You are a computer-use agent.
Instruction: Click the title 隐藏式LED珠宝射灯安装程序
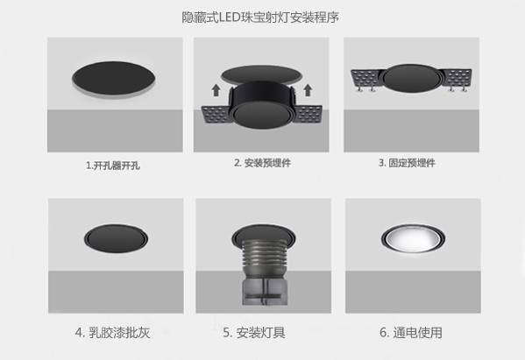(260, 18)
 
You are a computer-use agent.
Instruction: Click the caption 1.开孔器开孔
(113, 166)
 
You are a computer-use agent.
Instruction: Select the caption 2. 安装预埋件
(263, 163)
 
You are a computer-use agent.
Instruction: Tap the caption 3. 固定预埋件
(407, 163)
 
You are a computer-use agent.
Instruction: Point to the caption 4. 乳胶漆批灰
(112, 333)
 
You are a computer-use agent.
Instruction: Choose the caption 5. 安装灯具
(254, 333)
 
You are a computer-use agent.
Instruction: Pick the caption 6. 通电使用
(411, 333)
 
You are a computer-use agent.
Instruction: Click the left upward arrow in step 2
(216, 90)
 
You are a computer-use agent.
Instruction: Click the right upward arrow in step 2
(308, 90)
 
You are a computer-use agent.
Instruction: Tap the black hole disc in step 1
(114, 78)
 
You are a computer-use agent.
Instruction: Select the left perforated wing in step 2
(216, 114)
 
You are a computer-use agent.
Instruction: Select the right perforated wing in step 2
(309, 114)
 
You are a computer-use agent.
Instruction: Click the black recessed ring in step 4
(116, 238)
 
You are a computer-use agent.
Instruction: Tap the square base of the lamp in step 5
(265, 292)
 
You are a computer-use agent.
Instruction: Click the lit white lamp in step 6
(413, 238)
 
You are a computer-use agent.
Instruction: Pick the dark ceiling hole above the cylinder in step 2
(261, 74)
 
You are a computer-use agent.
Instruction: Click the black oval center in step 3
(411, 79)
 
